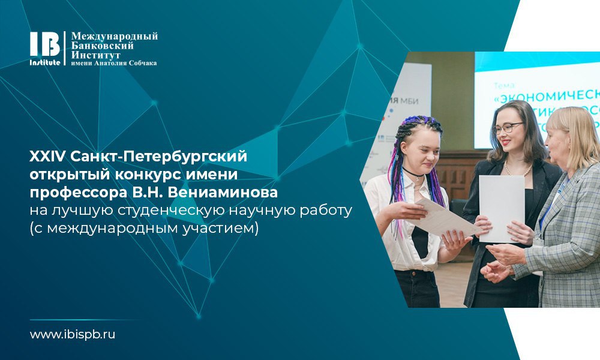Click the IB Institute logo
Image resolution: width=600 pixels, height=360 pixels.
coord(45,49)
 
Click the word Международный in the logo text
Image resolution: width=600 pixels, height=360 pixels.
coord(115,37)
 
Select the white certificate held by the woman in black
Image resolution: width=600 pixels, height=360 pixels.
coord(501,207)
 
